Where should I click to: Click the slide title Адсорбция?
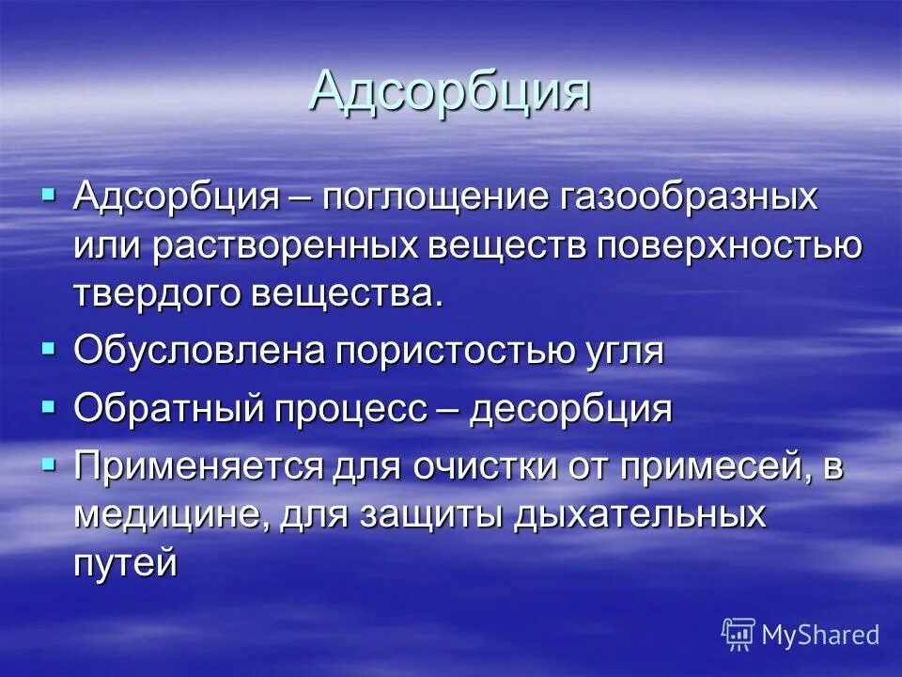click(x=449, y=91)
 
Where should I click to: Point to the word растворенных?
click(x=288, y=245)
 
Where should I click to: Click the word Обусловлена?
click(x=198, y=352)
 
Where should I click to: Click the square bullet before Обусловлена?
click(x=50, y=348)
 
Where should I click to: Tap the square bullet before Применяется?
click(x=50, y=464)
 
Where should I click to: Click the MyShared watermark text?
click(x=820, y=635)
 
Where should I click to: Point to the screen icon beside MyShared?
click(x=739, y=635)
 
